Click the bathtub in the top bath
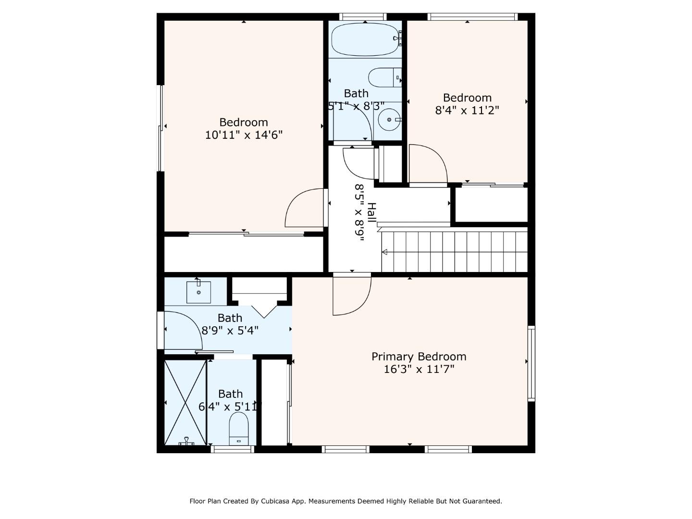tap(366, 40)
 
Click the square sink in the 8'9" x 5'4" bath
tap(198, 292)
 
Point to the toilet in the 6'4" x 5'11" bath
tap(238, 429)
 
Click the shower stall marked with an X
tap(185, 402)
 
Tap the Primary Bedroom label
tap(419, 357)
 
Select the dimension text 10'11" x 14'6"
tap(244, 135)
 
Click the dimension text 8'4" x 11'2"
tap(467, 110)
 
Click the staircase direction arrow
tap(384, 252)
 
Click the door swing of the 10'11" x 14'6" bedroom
tap(304, 209)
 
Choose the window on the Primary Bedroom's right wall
tap(531, 363)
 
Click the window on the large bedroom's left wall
tap(161, 128)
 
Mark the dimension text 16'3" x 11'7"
tap(419, 369)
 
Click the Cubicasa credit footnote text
tap(346, 501)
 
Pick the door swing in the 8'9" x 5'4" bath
tap(183, 331)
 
